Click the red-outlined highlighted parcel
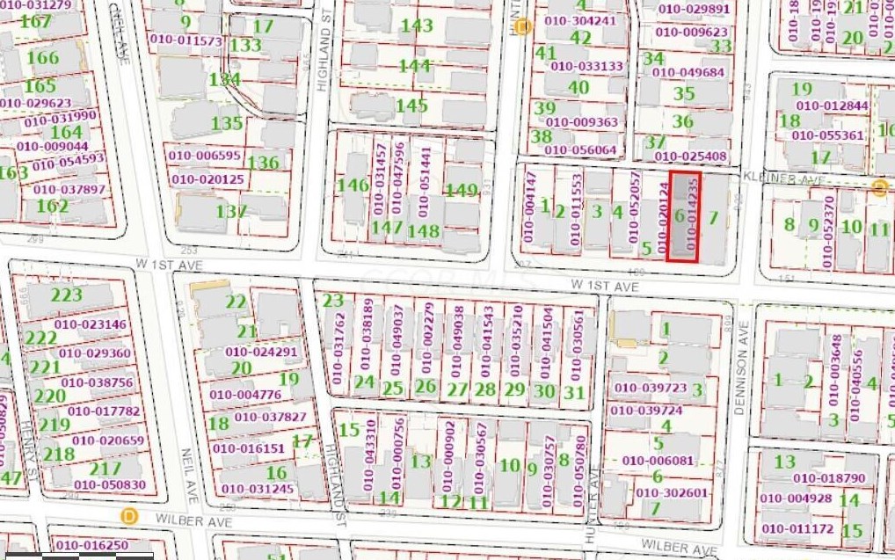(684, 216)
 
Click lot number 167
(35, 21)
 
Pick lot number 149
(461, 191)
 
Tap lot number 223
(66, 295)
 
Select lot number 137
(231, 212)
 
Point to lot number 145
(411, 105)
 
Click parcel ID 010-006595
(204, 156)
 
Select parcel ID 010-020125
(208, 179)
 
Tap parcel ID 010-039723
(649, 389)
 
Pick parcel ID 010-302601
(672, 493)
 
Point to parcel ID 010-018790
(829, 478)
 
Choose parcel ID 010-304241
(581, 21)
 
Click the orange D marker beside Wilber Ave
(130, 514)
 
